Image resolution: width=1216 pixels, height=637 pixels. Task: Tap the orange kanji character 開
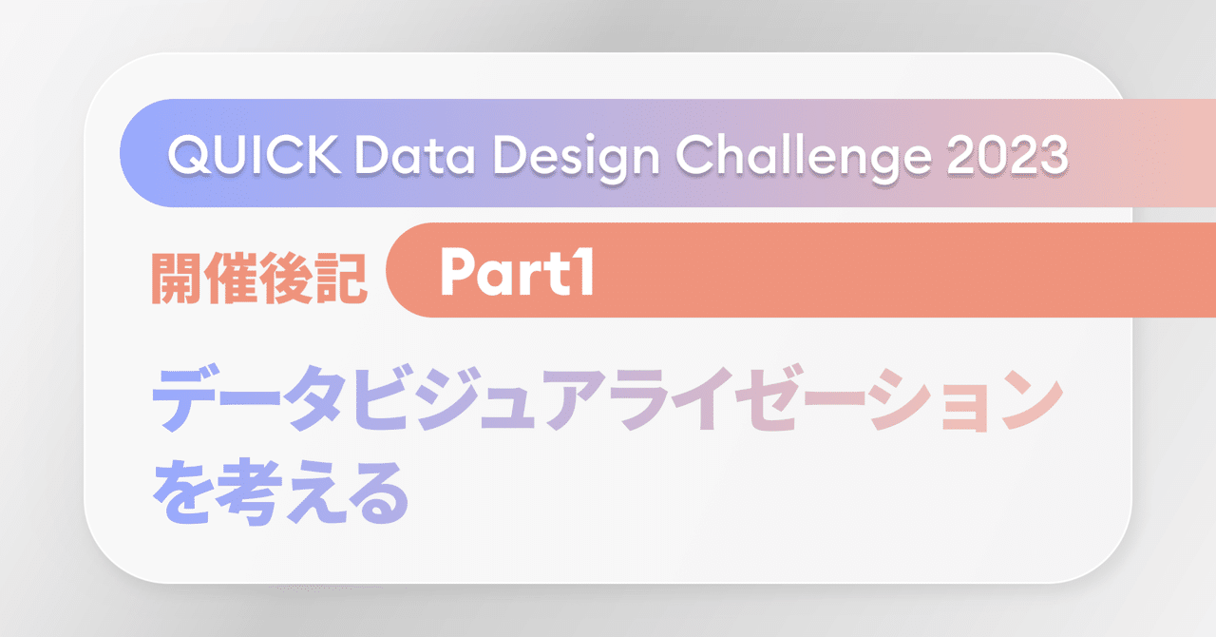[179, 277]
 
